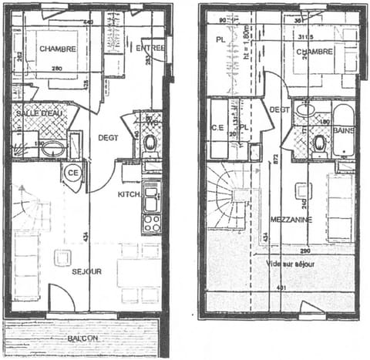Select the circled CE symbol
(x=74, y=171)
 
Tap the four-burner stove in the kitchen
(x=151, y=223)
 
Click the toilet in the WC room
(x=150, y=143)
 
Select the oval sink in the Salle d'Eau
(x=54, y=147)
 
